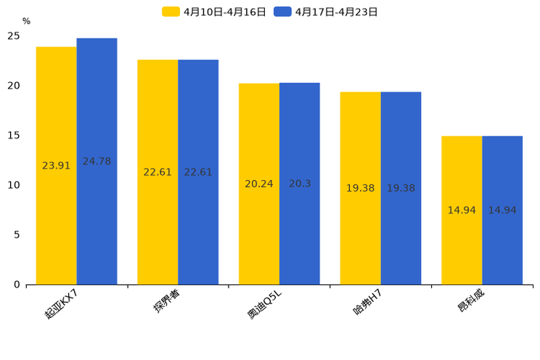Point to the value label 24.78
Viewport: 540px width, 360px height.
coord(97,161)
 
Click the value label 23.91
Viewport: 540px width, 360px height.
coord(56,165)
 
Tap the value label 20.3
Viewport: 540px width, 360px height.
coord(299,184)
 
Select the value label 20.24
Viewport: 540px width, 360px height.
coord(258,184)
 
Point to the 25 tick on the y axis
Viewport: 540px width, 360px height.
coord(14,36)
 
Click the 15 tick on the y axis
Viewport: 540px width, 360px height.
coord(14,136)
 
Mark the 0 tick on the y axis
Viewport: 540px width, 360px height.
coord(17,285)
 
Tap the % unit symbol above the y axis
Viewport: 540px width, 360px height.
coord(26,21)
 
